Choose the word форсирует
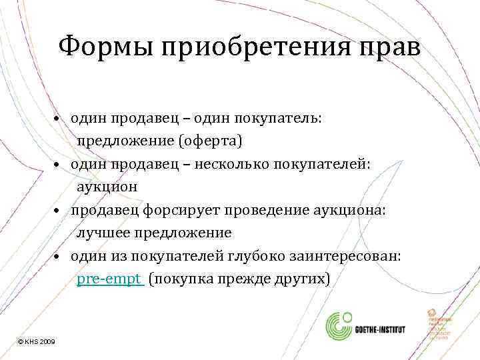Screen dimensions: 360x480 [169, 210]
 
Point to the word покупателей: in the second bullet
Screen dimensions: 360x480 [329, 165]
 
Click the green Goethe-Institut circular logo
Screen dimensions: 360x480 [341, 328]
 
